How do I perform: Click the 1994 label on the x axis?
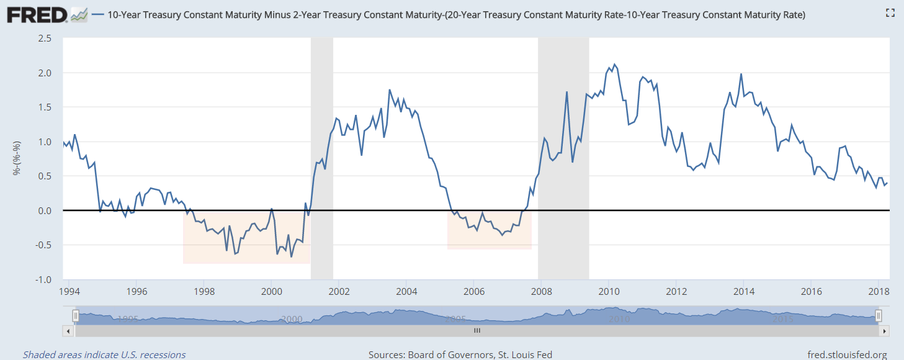coord(69,291)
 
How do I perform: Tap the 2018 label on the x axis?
coord(879,291)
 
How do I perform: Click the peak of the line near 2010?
coord(614,65)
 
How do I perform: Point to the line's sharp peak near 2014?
coord(741,74)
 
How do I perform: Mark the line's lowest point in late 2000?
coord(291,256)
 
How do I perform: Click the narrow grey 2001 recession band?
coord(322,155)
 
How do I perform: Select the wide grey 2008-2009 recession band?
coord(563,155)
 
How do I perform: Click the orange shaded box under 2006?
coord(489,239)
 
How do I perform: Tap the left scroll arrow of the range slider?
coord(68,331)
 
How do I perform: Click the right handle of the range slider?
coord(878,317)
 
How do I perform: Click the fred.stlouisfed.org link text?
coord(847,355)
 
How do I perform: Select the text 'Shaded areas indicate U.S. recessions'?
coord(104,355)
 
